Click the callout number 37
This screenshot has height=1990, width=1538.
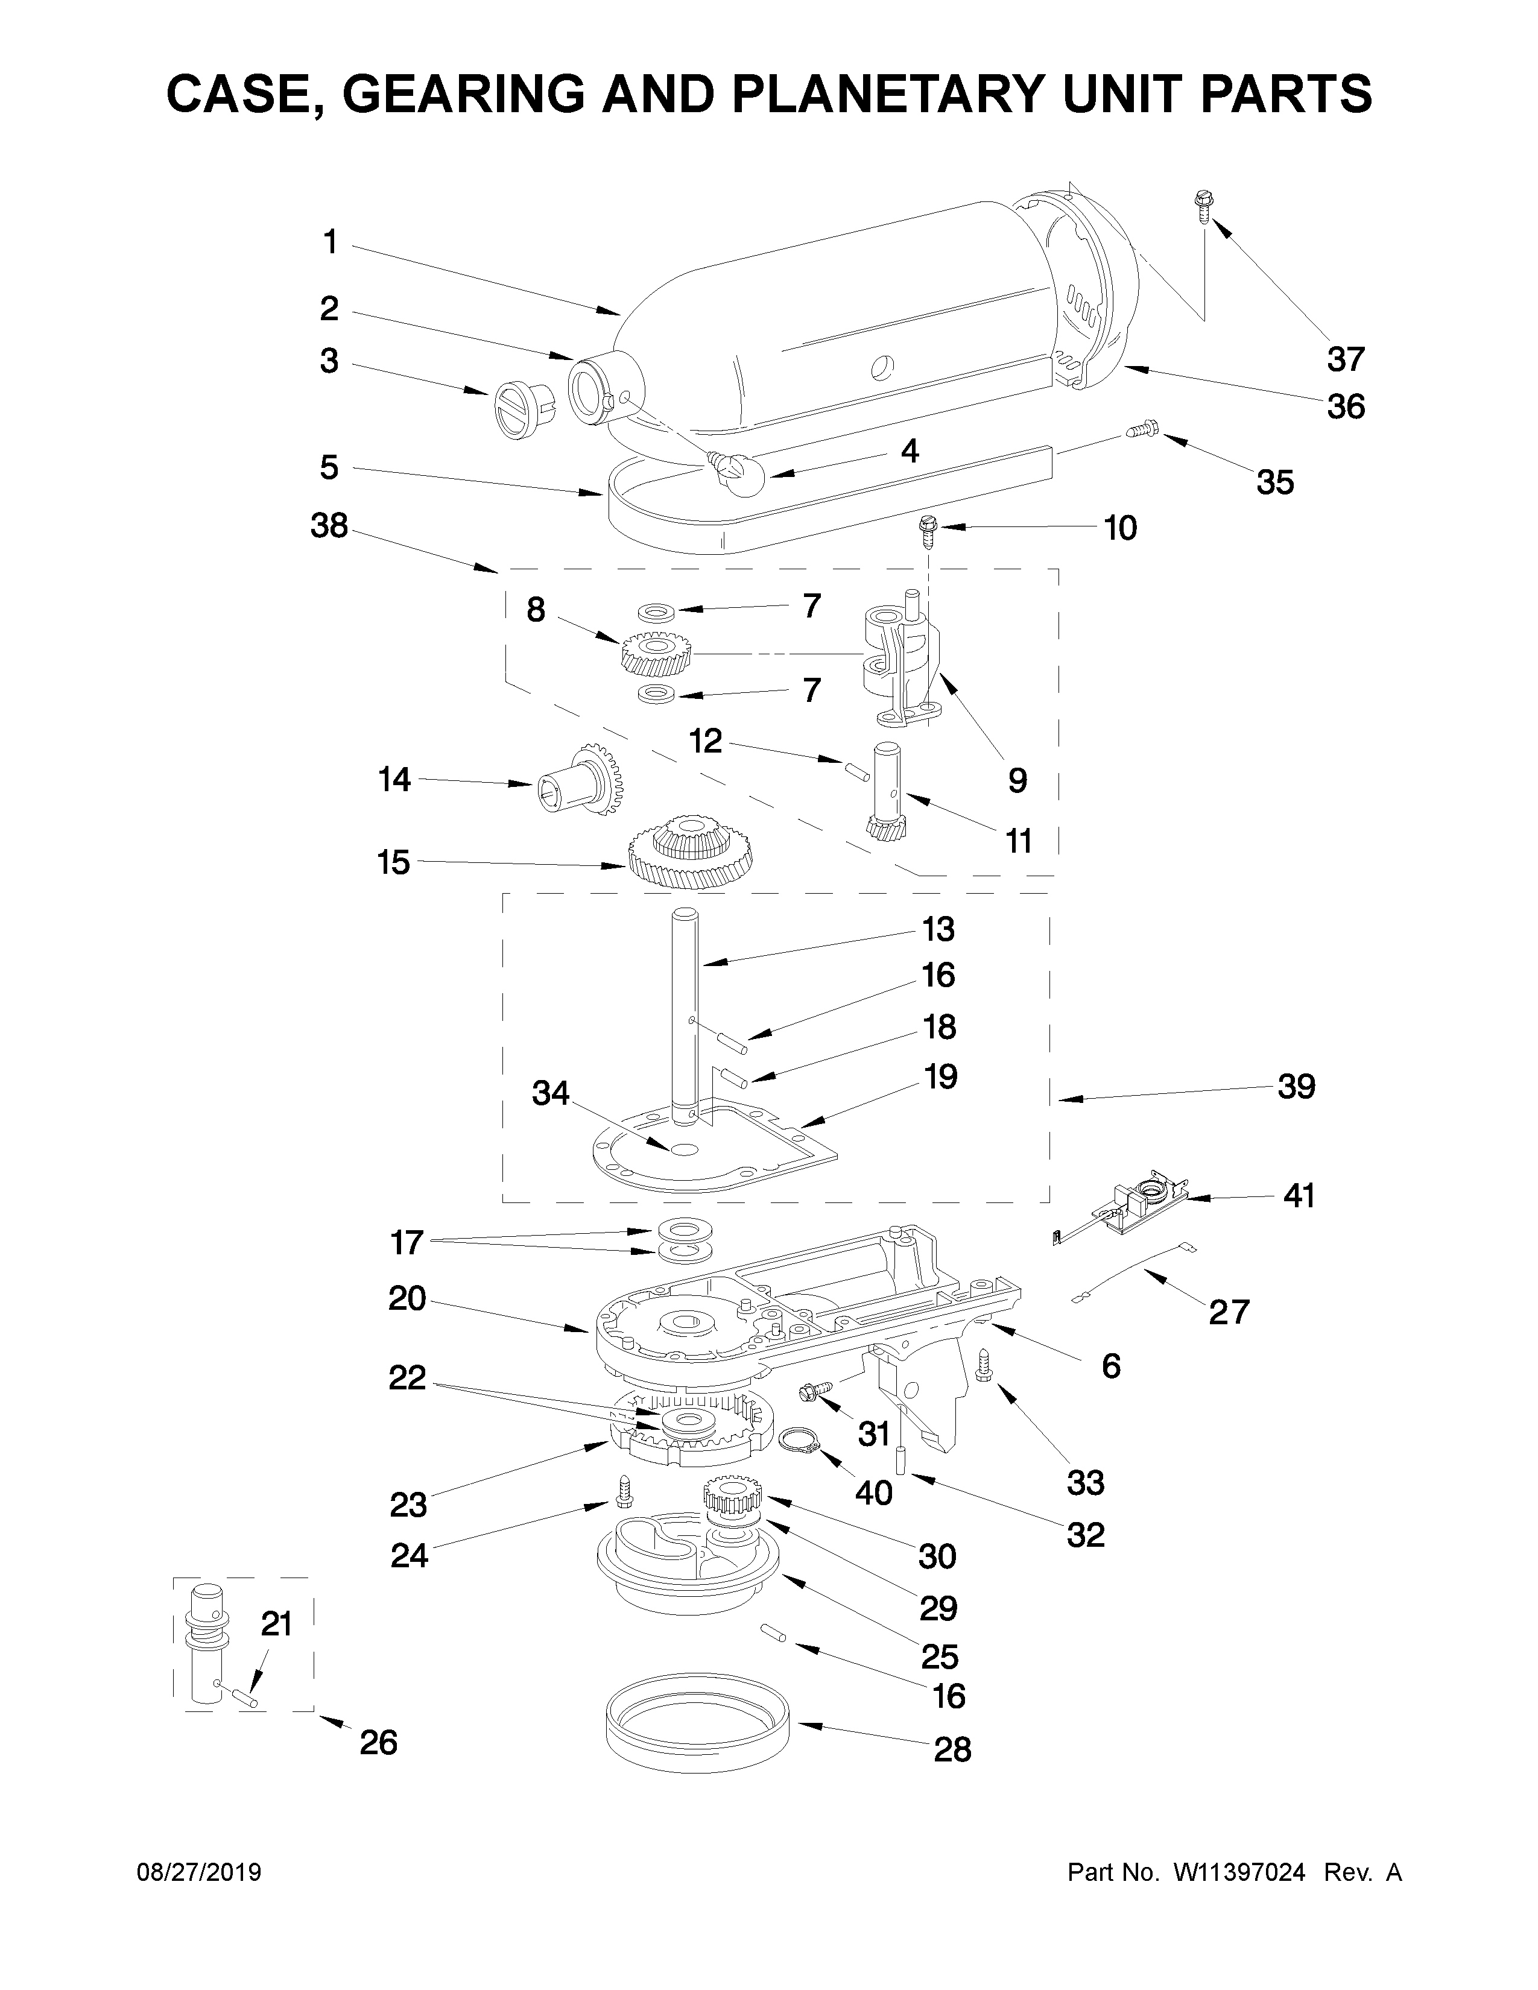point(1345,360)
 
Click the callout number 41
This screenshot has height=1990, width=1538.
point(1299,1195)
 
